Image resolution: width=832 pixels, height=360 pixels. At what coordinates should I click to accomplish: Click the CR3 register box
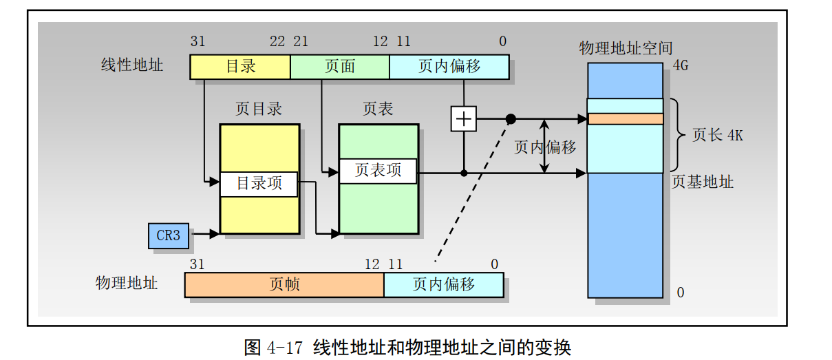(x=169, y=235)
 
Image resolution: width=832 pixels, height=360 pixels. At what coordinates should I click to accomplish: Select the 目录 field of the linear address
(x=240, y=67)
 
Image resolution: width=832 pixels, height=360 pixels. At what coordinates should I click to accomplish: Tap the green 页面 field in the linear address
(x=339, y=67)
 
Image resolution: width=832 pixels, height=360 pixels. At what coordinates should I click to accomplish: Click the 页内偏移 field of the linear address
(x=449, y=67)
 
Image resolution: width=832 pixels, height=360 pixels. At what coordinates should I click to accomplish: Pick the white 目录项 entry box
(x=259, y=184)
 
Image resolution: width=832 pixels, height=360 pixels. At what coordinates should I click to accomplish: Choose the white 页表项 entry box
(x=378, y=171)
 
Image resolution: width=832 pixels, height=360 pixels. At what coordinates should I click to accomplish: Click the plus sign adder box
(x=464, y=119)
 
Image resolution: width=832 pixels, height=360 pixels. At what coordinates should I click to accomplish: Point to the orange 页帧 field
(x=284, y=284)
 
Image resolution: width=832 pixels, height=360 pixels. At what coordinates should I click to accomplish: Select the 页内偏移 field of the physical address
(x=443, y=284)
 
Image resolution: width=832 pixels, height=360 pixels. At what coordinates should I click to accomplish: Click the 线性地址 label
(x=132, y=65)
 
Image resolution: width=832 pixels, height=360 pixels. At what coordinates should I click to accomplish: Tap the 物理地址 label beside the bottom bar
(x=127, y=283)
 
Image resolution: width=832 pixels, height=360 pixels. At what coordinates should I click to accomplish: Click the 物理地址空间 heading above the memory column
(x=626, y=48)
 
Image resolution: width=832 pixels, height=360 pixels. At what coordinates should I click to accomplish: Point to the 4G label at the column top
(x=680, y=66)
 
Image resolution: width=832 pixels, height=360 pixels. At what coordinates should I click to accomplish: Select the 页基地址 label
(x=702, y=182)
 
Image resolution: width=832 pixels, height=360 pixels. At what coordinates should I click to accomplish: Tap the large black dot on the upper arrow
(x=511, y=119)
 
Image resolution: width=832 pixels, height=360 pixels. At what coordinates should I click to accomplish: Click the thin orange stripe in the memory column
(x=625, y=119)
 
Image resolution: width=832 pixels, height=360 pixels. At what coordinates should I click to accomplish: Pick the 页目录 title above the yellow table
(x=259, y=109)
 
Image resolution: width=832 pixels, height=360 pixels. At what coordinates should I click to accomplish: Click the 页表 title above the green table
(x=378, y=109)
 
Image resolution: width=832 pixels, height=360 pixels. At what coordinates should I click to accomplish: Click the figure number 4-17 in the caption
(x=284, y=347)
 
